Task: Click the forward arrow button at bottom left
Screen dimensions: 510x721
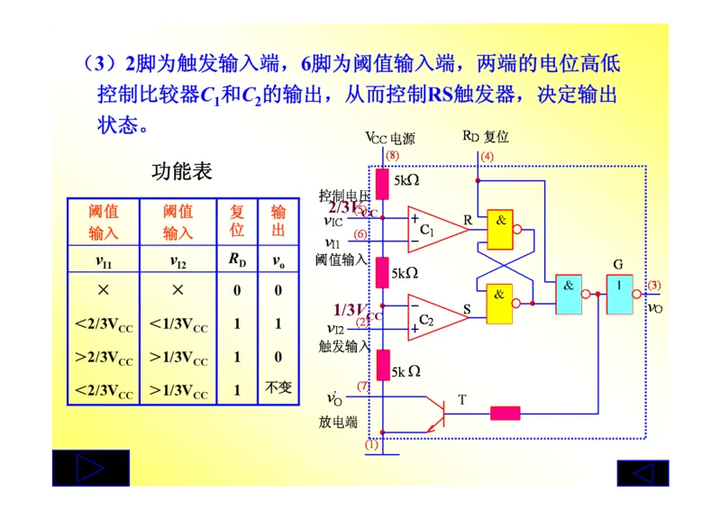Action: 89,469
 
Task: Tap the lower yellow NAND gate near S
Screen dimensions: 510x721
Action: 500,304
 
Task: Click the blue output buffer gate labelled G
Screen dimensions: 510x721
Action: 619,294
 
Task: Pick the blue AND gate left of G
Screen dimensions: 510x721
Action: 569,294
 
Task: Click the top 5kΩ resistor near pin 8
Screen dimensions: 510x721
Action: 382,183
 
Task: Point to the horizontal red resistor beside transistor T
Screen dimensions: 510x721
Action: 505,414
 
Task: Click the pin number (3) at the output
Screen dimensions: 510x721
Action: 654,286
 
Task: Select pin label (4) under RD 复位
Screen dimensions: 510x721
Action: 488,157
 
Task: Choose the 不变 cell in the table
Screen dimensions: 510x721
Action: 278,388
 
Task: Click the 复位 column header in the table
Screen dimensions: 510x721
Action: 237,221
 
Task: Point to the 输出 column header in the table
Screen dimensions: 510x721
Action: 278,221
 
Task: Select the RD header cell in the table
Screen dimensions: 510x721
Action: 237,261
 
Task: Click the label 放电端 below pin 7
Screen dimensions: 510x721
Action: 339,422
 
